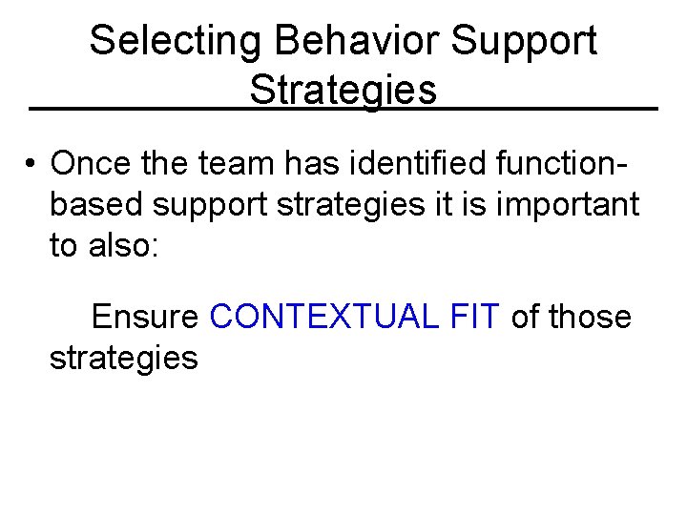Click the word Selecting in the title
click(x=175, y=41)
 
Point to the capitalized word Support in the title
click(x=526, y=41)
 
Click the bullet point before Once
click(x=32, y=164)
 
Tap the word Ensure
click(x=145, y=317)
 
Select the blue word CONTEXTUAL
click(x=324, y=317)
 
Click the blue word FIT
click(x=472, y=317)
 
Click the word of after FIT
click(x=525, y=317)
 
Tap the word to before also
click(x=63, y=245)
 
